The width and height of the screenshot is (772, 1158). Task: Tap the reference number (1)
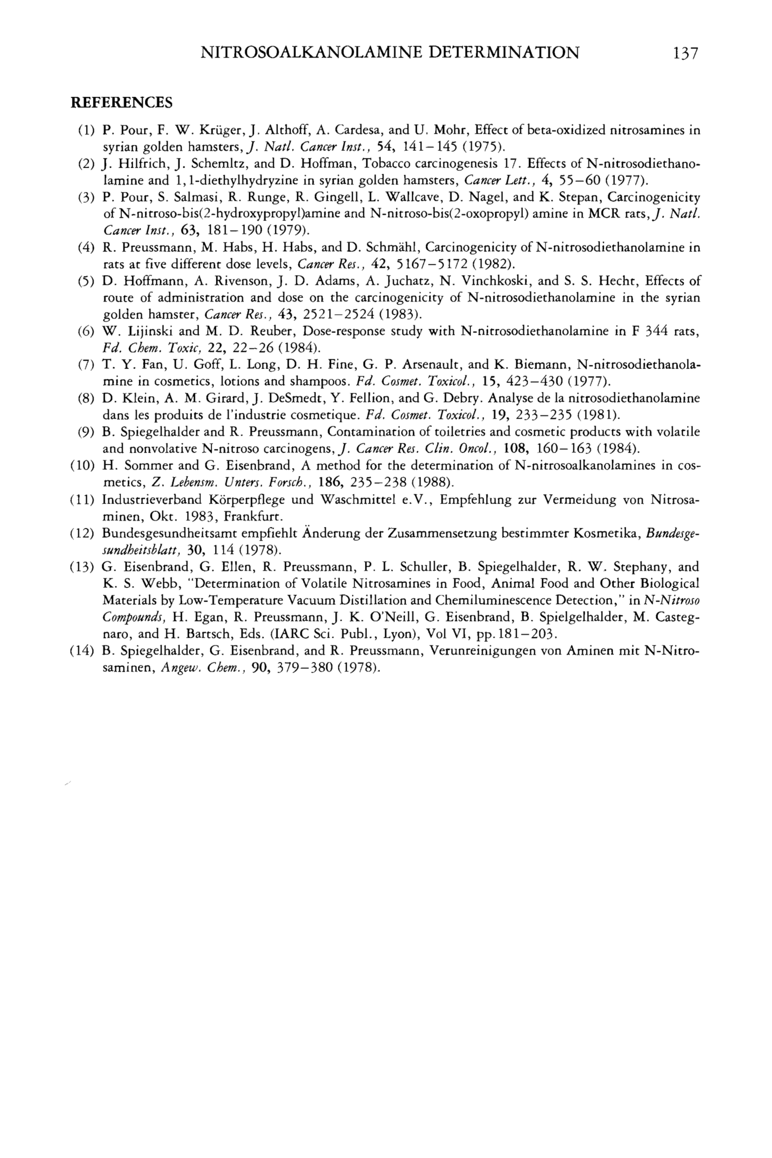point(86,130)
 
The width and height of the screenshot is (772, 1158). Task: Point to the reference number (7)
point(86,365)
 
